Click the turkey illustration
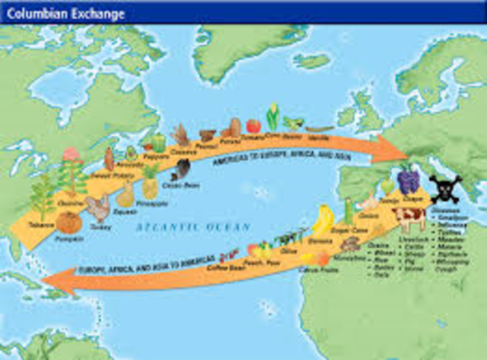click(97, 207)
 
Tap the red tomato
click(253, 126)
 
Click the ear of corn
click(272, 117)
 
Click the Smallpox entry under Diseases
click(455, 218)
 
